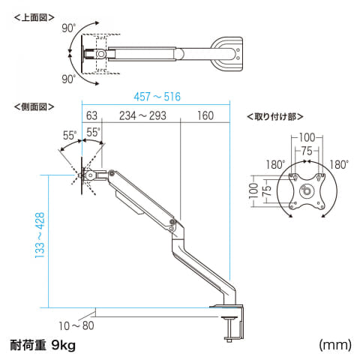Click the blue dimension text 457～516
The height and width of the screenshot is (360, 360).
[157, 97]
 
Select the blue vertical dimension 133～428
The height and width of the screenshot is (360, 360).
[40, 235]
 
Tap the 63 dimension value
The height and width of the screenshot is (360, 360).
[91, 115]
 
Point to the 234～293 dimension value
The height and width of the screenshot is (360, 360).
[142, 115]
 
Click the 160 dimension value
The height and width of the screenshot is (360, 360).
[205, 115]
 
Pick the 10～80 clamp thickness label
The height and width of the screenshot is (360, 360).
[76, 325]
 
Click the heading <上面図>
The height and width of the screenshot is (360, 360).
[34, 18]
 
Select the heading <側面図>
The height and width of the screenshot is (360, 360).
[34, 106]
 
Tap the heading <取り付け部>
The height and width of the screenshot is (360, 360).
[275, 116]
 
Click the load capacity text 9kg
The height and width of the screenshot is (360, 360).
[63, 345]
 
